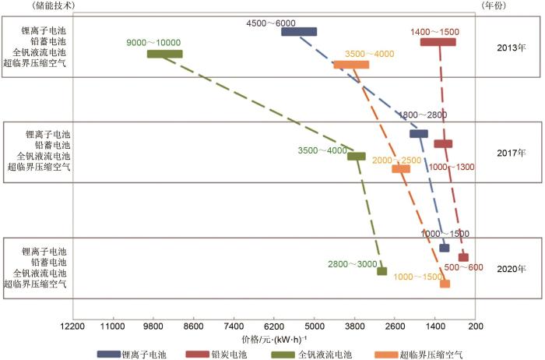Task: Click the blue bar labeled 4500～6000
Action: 299,32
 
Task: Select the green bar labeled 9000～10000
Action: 164,54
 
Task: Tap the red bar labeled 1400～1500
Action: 438,42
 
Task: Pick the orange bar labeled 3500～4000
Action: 351,65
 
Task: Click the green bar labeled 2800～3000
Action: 381,271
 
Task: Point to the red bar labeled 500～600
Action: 463,257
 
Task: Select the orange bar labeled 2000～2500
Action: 401,168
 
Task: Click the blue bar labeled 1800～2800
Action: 419,134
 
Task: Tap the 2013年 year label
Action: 511,47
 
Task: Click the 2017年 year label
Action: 511,153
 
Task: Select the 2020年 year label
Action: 511,269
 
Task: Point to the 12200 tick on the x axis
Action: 72,327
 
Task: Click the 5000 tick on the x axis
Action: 315,327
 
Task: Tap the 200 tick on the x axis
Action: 477,327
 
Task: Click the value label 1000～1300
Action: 451,168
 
